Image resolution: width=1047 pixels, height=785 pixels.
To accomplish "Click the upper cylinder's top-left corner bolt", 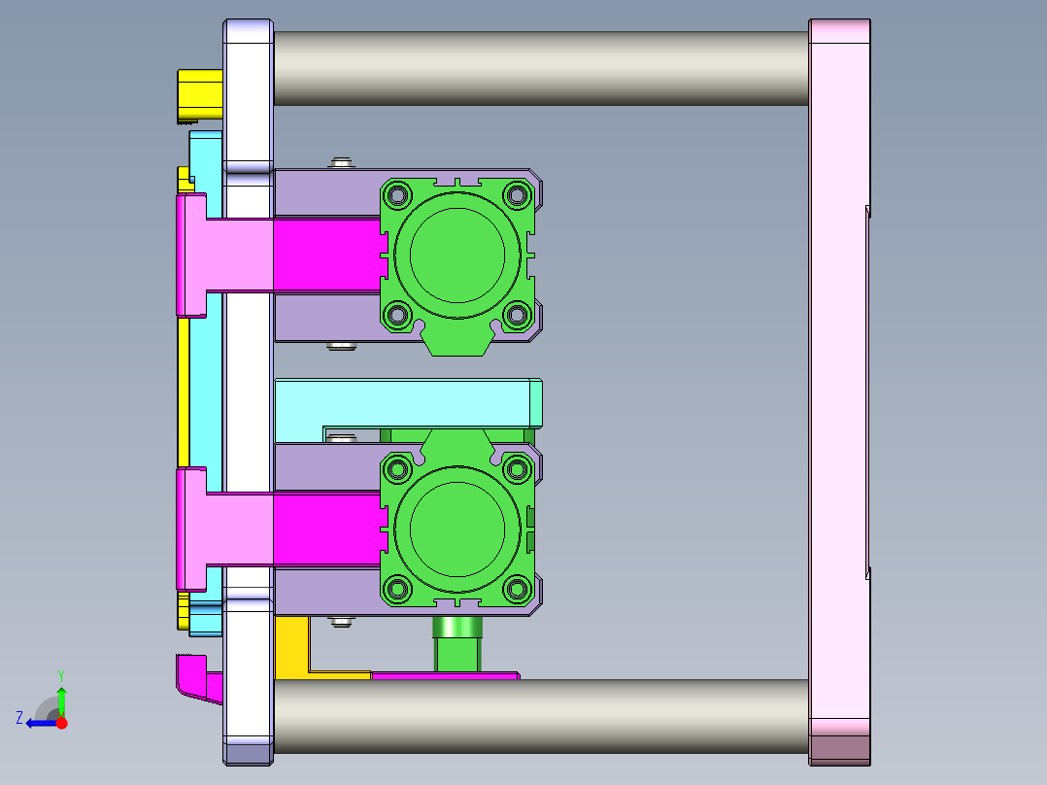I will point(397,196).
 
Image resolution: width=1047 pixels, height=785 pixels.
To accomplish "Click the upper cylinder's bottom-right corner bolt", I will point(516,314).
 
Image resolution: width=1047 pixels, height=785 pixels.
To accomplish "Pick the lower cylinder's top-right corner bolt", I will point(516,470).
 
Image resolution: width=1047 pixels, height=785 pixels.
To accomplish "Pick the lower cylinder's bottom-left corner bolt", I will point(397,588).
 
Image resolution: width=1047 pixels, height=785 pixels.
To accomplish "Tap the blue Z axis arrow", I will point(37,722).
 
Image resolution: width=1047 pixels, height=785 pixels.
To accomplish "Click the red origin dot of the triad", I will point(61,723).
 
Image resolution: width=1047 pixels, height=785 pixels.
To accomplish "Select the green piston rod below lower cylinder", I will point(456,646).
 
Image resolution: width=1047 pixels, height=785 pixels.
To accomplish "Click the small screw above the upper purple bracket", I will point(340,162).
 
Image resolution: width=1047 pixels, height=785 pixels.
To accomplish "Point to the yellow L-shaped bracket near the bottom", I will point(291,646).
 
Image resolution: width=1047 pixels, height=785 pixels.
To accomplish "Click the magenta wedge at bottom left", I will point(199,680).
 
